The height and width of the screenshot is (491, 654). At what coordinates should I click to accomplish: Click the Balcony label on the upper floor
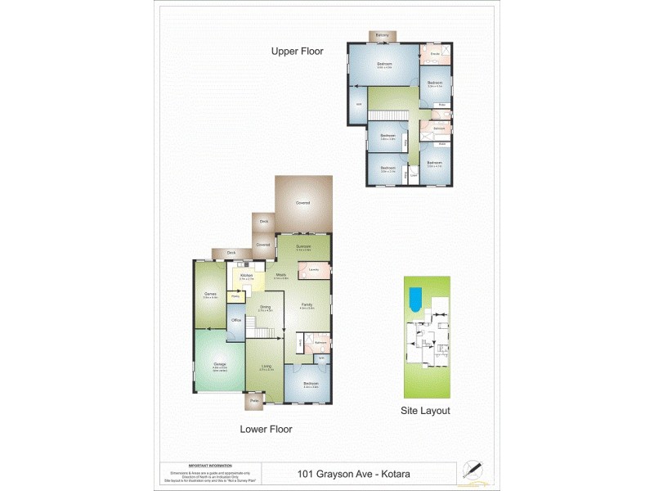click(382, 36)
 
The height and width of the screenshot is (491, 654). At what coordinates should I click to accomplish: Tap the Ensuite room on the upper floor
click(435, 55)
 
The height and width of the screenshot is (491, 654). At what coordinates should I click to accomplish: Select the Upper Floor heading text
click(297, 52)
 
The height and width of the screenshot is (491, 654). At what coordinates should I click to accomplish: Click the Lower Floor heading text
click(266, 429)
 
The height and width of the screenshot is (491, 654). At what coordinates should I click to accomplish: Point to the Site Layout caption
click(425, 411)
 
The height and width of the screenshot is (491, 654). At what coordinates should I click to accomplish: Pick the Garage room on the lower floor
click(220, 364)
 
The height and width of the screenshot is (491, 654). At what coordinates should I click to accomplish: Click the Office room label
click(236, 320)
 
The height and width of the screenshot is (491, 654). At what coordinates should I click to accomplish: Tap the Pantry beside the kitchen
click(235, 295)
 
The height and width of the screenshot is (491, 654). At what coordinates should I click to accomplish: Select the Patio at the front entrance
click(254, 401)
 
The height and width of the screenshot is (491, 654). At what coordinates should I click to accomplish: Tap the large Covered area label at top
click(302, 202)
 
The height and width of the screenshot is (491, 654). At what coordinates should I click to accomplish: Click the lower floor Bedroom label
click(311, 383)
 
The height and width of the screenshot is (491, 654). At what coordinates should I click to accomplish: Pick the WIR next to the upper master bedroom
click(359, 104)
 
